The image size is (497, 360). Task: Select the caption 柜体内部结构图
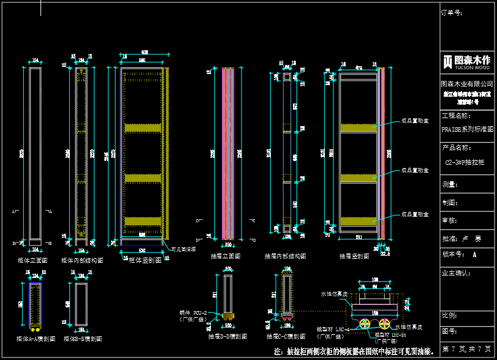pos(82,260)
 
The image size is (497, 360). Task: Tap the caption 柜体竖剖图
pos(145,260)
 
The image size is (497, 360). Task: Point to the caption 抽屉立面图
pos(225,256)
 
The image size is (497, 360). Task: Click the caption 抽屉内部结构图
pos(285,256)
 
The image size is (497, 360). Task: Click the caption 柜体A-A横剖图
pos(36,338)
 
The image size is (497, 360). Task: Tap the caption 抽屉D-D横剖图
pos(227,336)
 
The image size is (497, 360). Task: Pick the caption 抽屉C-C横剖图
pos(286,336)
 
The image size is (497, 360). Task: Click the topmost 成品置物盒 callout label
pos(415,121)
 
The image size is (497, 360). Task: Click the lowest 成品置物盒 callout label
pos(415,214)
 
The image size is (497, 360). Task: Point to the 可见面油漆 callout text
pos(183,249)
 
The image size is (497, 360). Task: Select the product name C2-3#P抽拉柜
pos(464,162)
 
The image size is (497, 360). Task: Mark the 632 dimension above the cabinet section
pos(145,52)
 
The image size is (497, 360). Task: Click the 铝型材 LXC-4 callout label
pos(333,329)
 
